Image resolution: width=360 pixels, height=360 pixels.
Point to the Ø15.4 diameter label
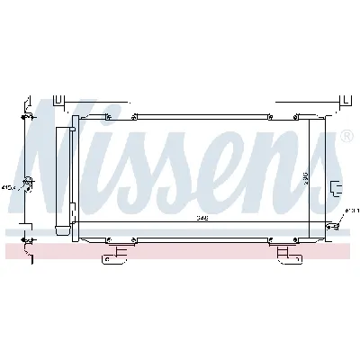pyautogui.click(x=8, y=187)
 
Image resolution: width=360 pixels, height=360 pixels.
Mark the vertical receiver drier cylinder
pyautogui.click(x=63, y=180)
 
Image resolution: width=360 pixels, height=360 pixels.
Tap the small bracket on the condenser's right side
pyautogui.click(x=337, y=187)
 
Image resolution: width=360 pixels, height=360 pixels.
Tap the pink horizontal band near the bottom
pyautogui.click(x=180, y=245)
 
